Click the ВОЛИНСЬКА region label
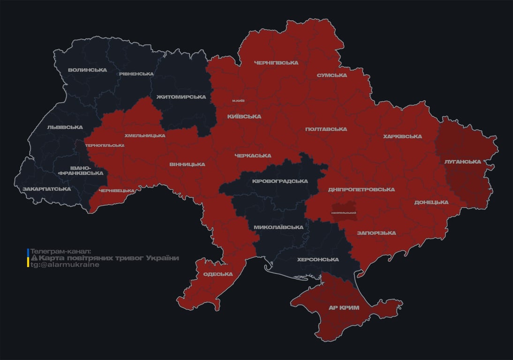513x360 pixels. [87, 70]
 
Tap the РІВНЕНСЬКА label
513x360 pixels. [136, 74]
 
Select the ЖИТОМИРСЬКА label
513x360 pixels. [181, 97]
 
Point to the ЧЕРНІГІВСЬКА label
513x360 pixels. [276, 63]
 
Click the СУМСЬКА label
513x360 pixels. [332, 75]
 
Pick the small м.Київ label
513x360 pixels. [238, 101]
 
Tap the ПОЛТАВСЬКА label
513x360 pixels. [326, 129]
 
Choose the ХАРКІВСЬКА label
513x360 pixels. [402, 136]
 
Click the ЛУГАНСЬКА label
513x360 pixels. [463, 162]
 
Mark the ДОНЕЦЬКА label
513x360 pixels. [431, 202]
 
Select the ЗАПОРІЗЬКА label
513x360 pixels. [376, 233]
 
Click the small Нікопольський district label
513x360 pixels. [344, 213]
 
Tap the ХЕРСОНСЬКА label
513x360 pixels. [318, 260]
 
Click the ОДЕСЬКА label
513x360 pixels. [218, 274]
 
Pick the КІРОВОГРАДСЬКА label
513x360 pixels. [280, 181]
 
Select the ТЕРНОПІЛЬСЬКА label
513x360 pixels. [105, 145]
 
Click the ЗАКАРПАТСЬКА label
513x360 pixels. [47, 189]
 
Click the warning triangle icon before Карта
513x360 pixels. [34, 258]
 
